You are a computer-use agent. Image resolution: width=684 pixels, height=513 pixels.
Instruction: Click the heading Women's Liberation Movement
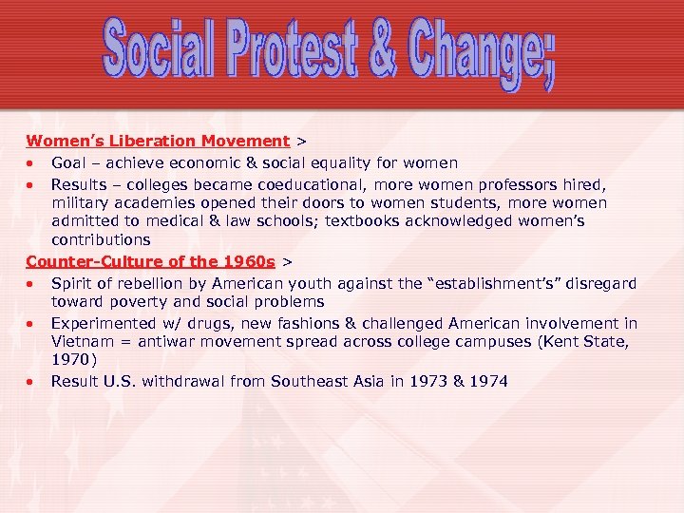click(x=158, y=141)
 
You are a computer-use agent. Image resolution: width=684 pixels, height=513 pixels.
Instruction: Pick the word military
click(x=83, y=202)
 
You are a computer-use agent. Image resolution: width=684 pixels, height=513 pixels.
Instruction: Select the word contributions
click(x=101, y=240)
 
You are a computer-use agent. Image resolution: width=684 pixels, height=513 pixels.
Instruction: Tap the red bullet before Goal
click(x=32, y=163)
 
